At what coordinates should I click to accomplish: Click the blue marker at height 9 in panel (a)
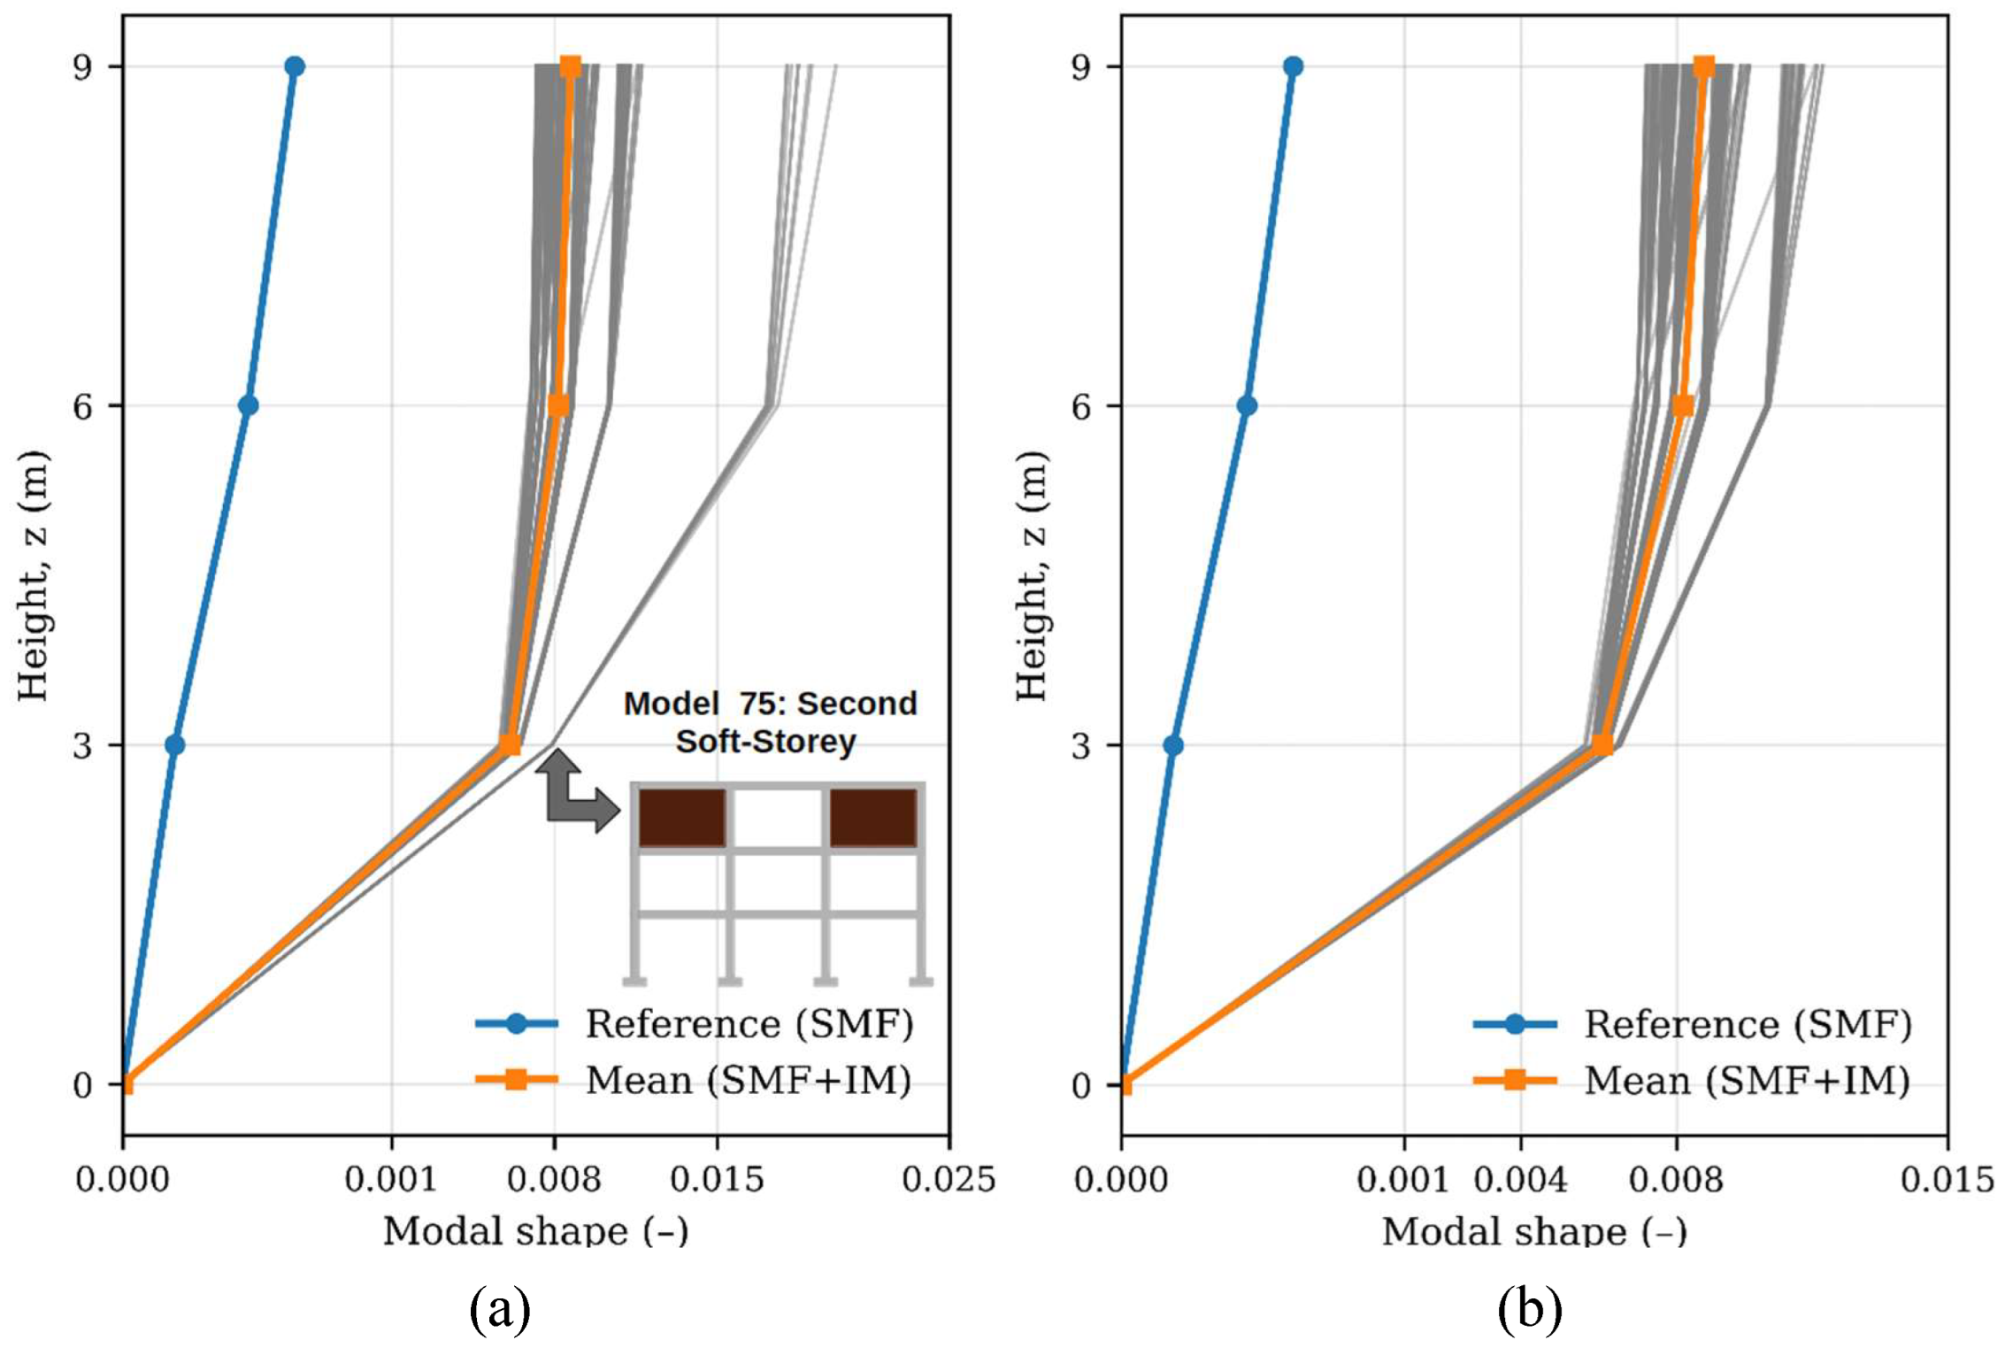[x=295, y=66]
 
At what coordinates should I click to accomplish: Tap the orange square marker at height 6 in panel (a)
[x=558, y=405]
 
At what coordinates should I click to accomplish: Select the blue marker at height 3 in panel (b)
[x=1172, y=745]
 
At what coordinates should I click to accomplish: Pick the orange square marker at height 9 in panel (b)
[x=1703, y=66]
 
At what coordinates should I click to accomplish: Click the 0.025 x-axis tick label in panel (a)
[x=949, y=1181]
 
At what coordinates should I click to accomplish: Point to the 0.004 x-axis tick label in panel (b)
[x=1520, y=1181]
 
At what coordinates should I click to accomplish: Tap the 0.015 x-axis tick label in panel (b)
[x=1946, y=1181]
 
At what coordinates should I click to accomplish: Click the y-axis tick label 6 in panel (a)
[x=83, y=406]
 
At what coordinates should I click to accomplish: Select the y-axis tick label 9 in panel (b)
[x=1081, y=67]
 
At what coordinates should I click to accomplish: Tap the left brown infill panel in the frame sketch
[x=682, y=818]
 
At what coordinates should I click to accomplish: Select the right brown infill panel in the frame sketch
[x=872, y=818]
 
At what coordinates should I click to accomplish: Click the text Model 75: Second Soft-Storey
[x=769, y=722]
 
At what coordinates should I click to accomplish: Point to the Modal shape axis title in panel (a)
[x=535, y=1231]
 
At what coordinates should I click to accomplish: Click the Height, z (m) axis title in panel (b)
[x=1032, y=575]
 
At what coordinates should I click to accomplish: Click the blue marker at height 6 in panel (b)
[x=1246, y=406]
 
